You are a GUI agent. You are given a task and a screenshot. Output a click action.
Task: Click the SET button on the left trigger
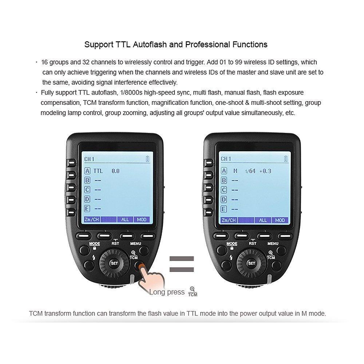[x=114, y=263]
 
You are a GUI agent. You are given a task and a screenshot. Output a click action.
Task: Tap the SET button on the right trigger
[x=251, y=263]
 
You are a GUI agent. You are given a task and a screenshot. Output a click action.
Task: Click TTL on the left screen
[x=98, y=171]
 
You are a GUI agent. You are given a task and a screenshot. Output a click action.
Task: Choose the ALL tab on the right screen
[x=263, y=220]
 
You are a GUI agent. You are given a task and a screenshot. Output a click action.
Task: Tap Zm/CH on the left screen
[x=92, y=220]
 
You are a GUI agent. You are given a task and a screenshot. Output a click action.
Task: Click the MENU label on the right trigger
[x=273, y=244]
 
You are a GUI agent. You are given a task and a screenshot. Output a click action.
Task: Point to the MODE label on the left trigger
[x=95, y=244]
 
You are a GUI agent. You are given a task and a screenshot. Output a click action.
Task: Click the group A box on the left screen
[x=87, y=171]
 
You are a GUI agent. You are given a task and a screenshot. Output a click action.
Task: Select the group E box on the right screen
[x=224, y=209]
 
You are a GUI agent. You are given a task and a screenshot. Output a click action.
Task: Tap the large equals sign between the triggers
[x=182, y=265]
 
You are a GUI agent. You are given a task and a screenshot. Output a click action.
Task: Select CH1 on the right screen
[x=226, y=159]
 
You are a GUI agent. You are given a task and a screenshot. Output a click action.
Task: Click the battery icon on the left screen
[x=147, y=159]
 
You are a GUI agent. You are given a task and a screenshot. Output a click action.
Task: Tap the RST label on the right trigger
[x=252, y=244]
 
